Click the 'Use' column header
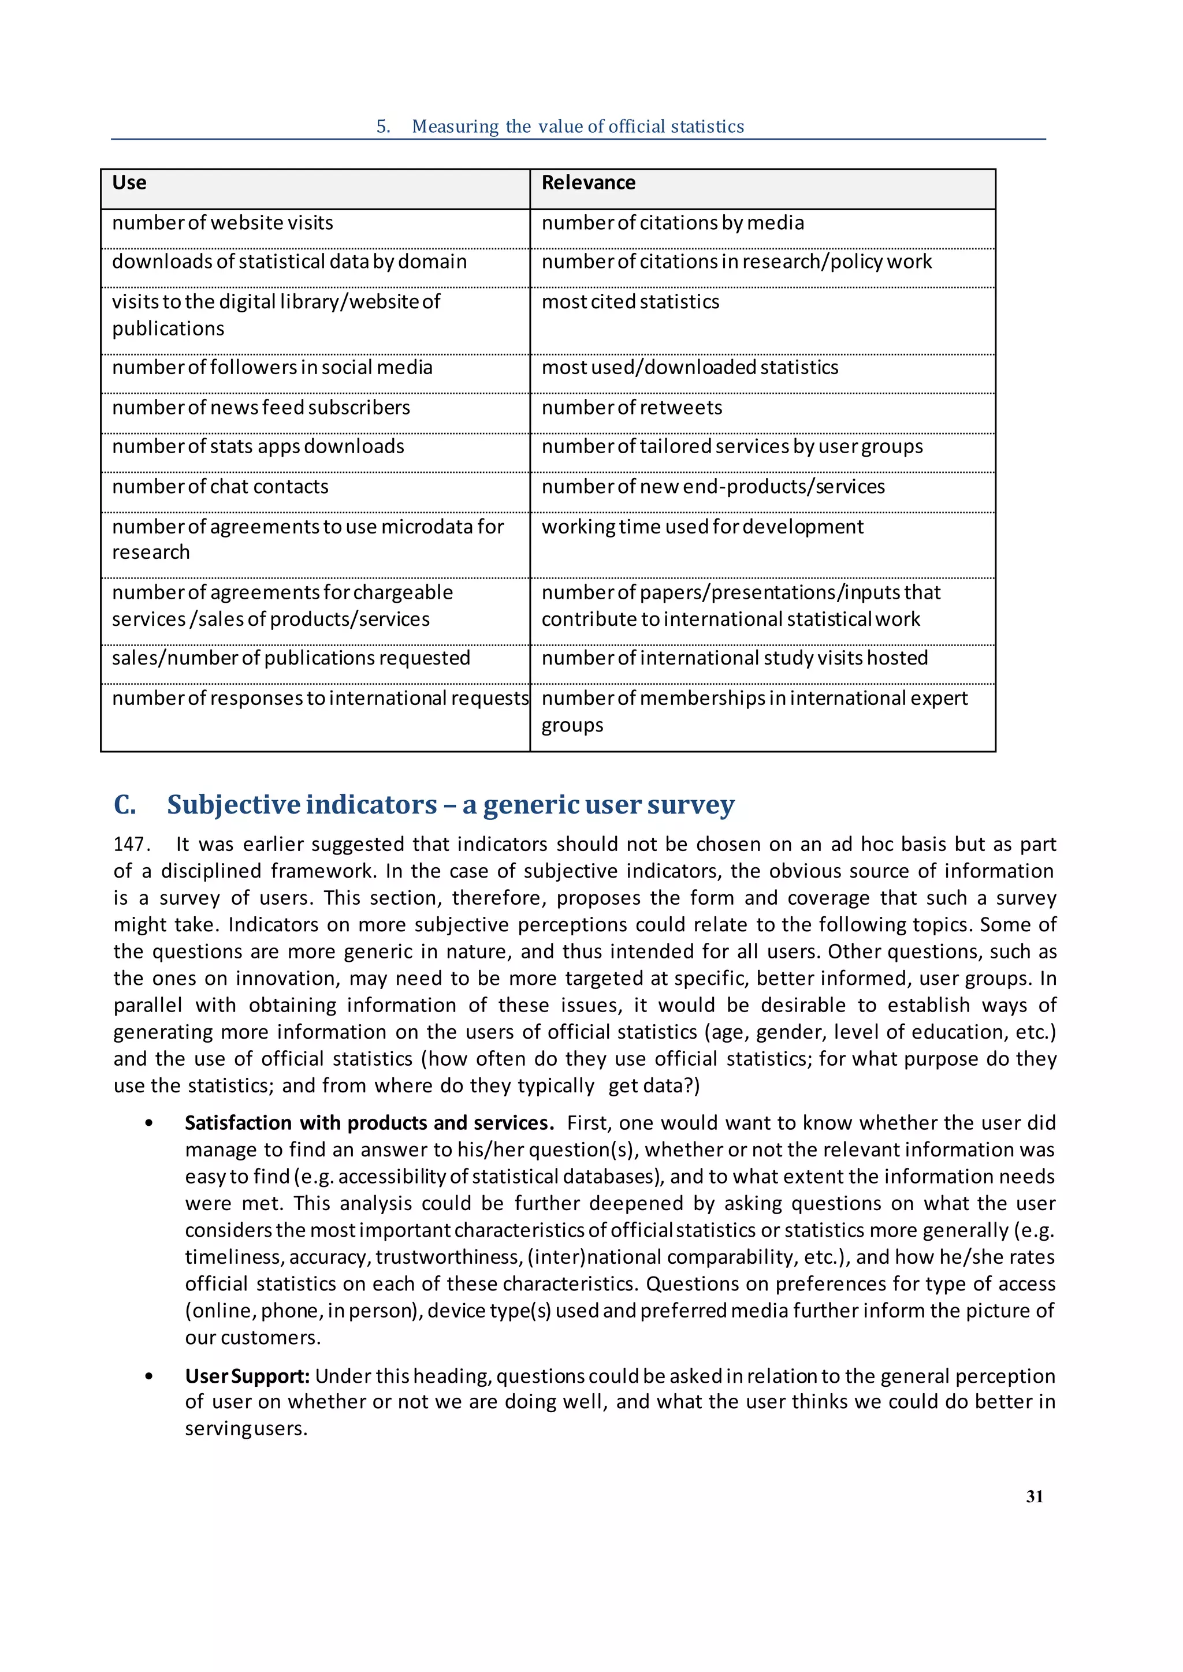point(129,183)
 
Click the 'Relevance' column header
point(588,183)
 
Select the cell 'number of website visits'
point(222,223)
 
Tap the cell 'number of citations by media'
point(672,223)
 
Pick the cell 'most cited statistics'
point(630,302)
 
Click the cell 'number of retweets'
point(631,408)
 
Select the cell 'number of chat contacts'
point(220,487)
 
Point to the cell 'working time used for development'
point(702,527)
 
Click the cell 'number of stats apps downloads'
point(258,446)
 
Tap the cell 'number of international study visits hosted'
point(734,658)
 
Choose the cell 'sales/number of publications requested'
point(291,658)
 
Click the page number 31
point(1035,1496)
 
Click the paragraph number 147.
point(131,845)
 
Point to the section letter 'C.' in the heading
point(125,805)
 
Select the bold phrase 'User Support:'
point(248,1376)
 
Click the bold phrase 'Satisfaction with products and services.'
point(369,1123)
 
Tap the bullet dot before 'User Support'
point(150,1376)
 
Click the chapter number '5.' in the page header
point(383,126)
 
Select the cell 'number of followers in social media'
point(271,368)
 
